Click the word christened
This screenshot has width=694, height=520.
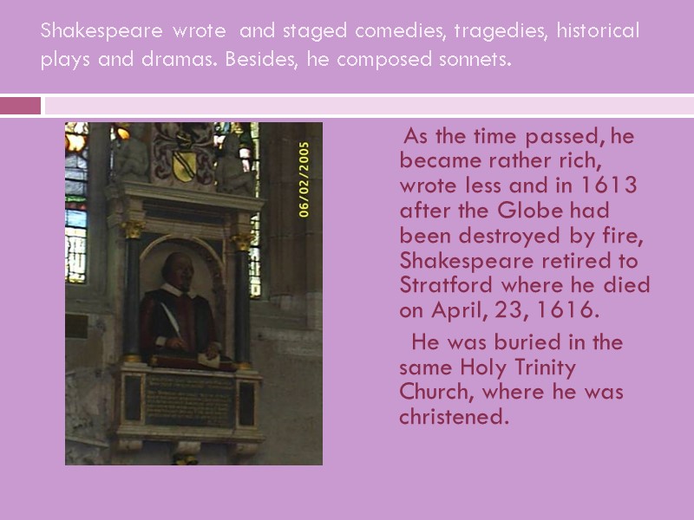pos(450,417)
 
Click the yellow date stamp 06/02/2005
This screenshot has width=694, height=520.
pos(304,179)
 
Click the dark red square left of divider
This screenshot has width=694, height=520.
pos(21,106)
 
